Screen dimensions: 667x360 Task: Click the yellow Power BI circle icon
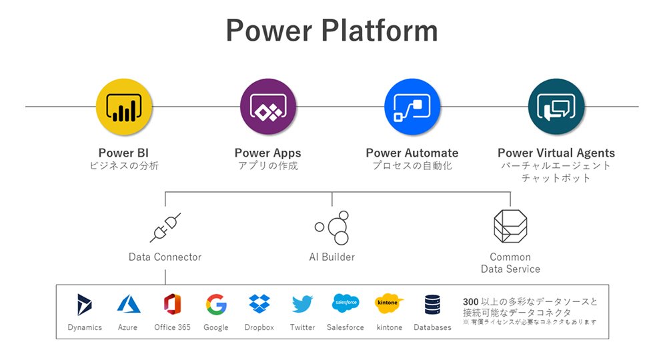[x=124, y=107]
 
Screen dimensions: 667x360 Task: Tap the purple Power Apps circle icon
[x=268, y=107]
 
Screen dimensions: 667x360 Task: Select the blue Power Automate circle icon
[x=412, y=107]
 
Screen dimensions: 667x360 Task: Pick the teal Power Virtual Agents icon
[x=556, y=107]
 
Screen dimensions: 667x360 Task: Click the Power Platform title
[x=331, y=31]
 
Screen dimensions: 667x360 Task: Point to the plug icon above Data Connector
[x=165, y=227]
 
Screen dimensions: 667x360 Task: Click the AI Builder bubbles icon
[x=332, y=227]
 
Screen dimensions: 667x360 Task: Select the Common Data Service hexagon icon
[x=510, y=226]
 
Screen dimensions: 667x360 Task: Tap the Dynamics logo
[x=84, y=305]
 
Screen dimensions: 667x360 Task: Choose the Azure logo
[x=129, y=304]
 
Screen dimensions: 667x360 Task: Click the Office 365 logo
[x=172, y=304]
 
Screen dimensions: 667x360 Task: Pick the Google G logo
[x=216, y=304]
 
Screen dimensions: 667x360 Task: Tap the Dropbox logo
[x=259, y=304]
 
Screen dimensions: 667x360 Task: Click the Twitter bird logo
[x=302, y=304]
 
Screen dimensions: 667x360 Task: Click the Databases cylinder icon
[x=433, y=305]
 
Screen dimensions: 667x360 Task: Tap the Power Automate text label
[x=412, y=153]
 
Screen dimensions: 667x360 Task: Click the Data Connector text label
[x=165, y=257]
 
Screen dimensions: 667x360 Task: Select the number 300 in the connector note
[x=470, y=302]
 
